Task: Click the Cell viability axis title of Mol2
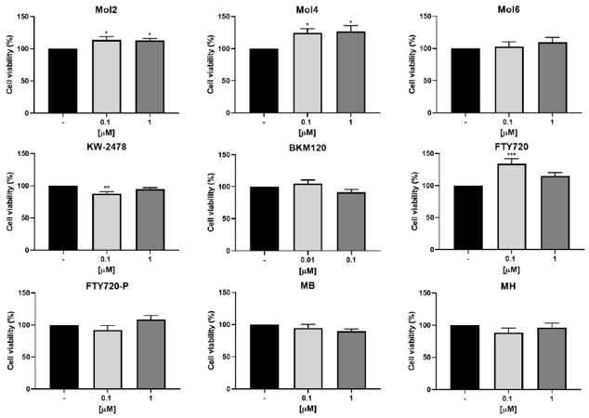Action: tap(11, 65)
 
